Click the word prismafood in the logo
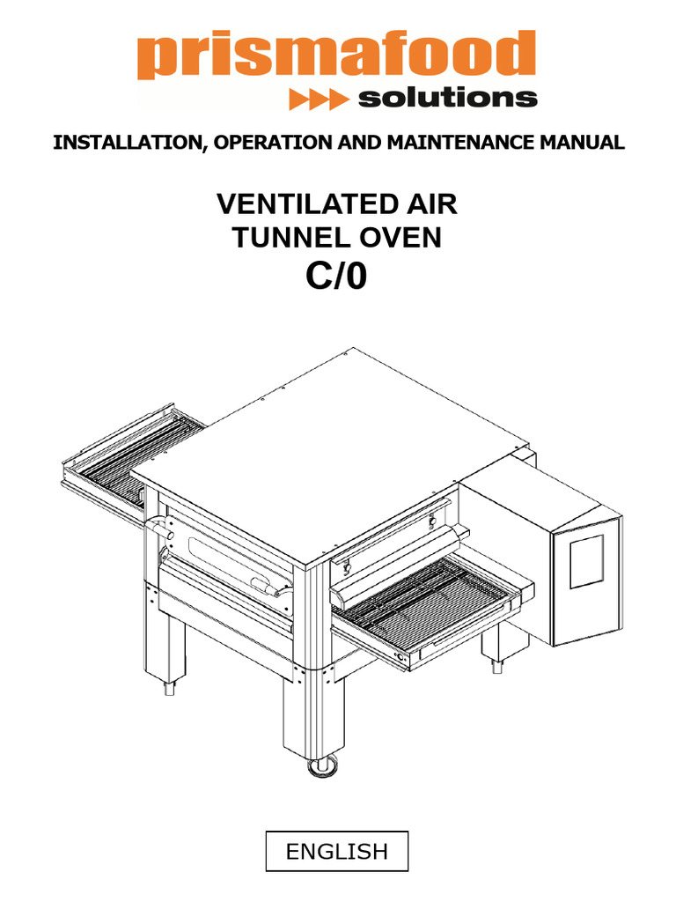coord(336,55)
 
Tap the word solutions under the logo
coord(448,98)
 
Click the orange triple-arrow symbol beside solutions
coord(318,99)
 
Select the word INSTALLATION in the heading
coord(128,142)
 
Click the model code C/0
coord(336,276)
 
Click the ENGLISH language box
coord(337,851)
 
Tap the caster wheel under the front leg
coord(322,766)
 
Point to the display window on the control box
coord(587,561)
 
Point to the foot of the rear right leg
coord(496,668)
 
